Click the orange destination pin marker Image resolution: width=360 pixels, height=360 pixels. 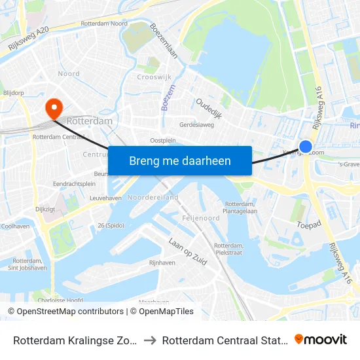click(x=52, y=107)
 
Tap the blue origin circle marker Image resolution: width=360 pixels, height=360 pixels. click(x=306, y=147)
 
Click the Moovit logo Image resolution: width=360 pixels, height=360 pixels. click(x=321, y=339)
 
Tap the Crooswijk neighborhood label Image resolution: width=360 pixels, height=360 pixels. click(x=154, y=77)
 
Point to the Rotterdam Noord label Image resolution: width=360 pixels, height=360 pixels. click(x=104, y=24)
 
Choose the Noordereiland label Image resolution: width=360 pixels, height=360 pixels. click(x=153, y=197)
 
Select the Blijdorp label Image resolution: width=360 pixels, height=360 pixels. click(x=12, y=93)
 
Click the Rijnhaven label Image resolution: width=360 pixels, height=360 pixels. click(x=162, y=262)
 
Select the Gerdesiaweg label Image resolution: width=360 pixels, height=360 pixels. click(x=197, y=124)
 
